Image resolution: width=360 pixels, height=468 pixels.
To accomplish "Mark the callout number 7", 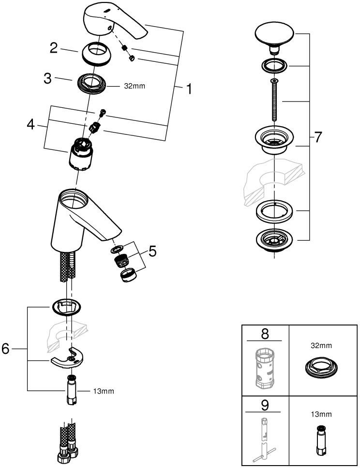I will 317,138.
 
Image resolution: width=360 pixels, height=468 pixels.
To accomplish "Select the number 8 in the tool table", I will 265,334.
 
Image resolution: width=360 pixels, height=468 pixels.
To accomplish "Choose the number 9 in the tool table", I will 265,404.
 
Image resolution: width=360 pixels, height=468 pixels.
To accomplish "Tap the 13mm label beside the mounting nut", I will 105,391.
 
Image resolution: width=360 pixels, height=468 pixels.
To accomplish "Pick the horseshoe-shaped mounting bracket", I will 68,357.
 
